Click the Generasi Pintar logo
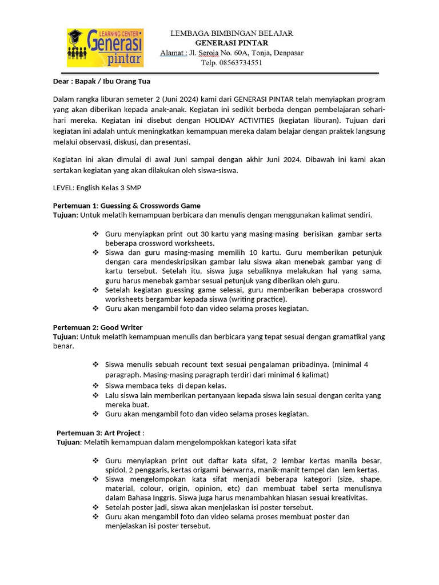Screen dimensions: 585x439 pyautogui.click(x=105, y=48)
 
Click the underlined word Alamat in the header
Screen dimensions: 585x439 pyautogui.click(x=172, y=53)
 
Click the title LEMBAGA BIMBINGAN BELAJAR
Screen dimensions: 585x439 pyautogui.click(x=232, y=33)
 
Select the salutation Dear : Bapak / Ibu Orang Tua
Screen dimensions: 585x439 pyautogui.click(x=101, y=81)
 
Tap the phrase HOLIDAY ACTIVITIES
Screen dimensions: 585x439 pyautogui.click(x=236, y=121)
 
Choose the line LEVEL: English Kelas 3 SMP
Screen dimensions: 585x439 pyautogui.click(x=97, y=188)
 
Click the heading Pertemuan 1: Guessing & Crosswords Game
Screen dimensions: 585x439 pyautogui.click(x=126, y=206)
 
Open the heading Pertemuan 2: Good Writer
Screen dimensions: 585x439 pyautogui.click(x=98, y=327)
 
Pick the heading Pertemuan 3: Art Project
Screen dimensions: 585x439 pyautogui.click(x=99, y=433)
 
